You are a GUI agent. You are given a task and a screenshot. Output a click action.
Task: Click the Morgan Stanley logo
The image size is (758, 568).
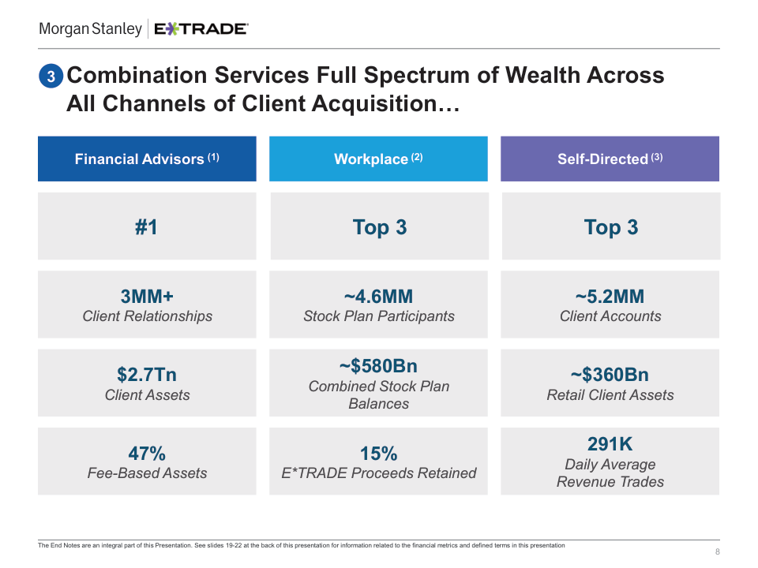(x=90, y=29)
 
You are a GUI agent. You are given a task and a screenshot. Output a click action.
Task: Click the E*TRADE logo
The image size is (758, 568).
(x=201, y=29)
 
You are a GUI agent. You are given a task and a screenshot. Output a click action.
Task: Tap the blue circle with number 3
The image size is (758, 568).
(x=51, y=77)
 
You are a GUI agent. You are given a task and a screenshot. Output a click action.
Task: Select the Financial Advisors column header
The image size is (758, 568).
(x=147, y=159)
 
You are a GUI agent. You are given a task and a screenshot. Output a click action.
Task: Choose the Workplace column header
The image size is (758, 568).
(x=378, y=159)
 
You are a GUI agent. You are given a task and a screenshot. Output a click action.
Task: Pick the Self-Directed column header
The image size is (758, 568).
(x=610, y=159)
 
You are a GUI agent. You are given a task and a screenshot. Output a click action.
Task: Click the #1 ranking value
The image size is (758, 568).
(x=147, y=227)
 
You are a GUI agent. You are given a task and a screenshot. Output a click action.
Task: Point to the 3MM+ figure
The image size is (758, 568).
(x=147, y=297)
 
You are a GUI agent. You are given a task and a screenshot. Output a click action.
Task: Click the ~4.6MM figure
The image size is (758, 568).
(x=378, y=297)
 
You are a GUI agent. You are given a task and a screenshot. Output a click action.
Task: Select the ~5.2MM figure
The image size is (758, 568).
(x=610, y=297)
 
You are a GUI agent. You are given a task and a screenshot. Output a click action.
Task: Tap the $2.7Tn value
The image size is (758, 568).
(x=147, y=375)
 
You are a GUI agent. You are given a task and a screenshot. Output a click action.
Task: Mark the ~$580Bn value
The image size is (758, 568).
(x=378, y=366)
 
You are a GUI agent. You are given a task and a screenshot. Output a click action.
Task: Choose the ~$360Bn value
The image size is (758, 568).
(x=610, y=375)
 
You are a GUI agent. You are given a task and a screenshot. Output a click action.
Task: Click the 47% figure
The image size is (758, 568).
(x=147, y=454)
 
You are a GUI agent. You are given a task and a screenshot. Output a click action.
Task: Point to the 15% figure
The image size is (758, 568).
(x=378, y=454)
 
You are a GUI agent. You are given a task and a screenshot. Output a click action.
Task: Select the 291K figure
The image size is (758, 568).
(x=610, y=444)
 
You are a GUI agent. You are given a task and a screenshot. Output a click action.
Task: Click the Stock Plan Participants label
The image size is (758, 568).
(x=378, y=316)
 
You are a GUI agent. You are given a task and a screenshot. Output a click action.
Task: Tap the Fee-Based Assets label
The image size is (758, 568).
(x=147, y=473)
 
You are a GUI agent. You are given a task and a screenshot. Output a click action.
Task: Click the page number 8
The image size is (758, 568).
(x=717, y=551)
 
